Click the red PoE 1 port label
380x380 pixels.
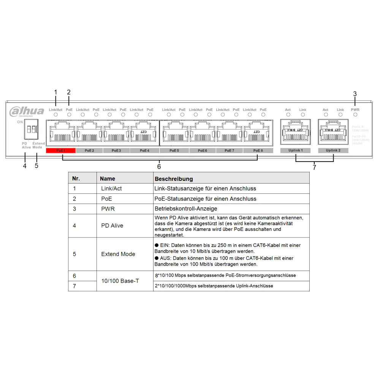[x=60, y=150]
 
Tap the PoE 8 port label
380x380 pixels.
[x=258, y=150]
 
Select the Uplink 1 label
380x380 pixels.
[x=295, y=150]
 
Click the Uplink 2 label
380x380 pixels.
[x=333, y=150]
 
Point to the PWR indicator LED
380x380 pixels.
[x=355, y=114]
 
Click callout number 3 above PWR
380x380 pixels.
[x=355, y=93]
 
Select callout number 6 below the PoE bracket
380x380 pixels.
[x=159, y=166]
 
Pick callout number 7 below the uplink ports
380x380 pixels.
[x=314, y=167]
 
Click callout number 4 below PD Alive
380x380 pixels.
[x=25, y=166]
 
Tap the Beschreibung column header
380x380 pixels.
[x=174, y=179]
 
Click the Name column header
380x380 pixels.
[x=108, y=179]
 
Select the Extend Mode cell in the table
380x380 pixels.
[x=118, y=254]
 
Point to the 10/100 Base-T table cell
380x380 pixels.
[x=120, y=281]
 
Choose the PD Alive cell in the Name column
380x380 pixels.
[x=112, y=225]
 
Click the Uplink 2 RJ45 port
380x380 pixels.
[x=333, y=131]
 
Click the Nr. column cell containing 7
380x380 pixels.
[x=74, y=285]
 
